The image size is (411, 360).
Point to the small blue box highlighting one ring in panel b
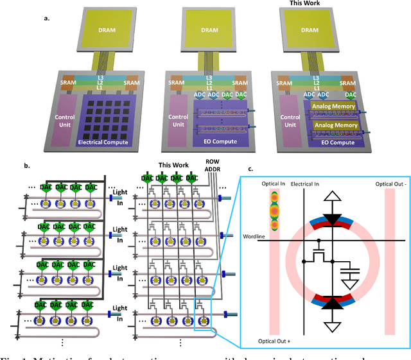[x=205, y=318]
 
